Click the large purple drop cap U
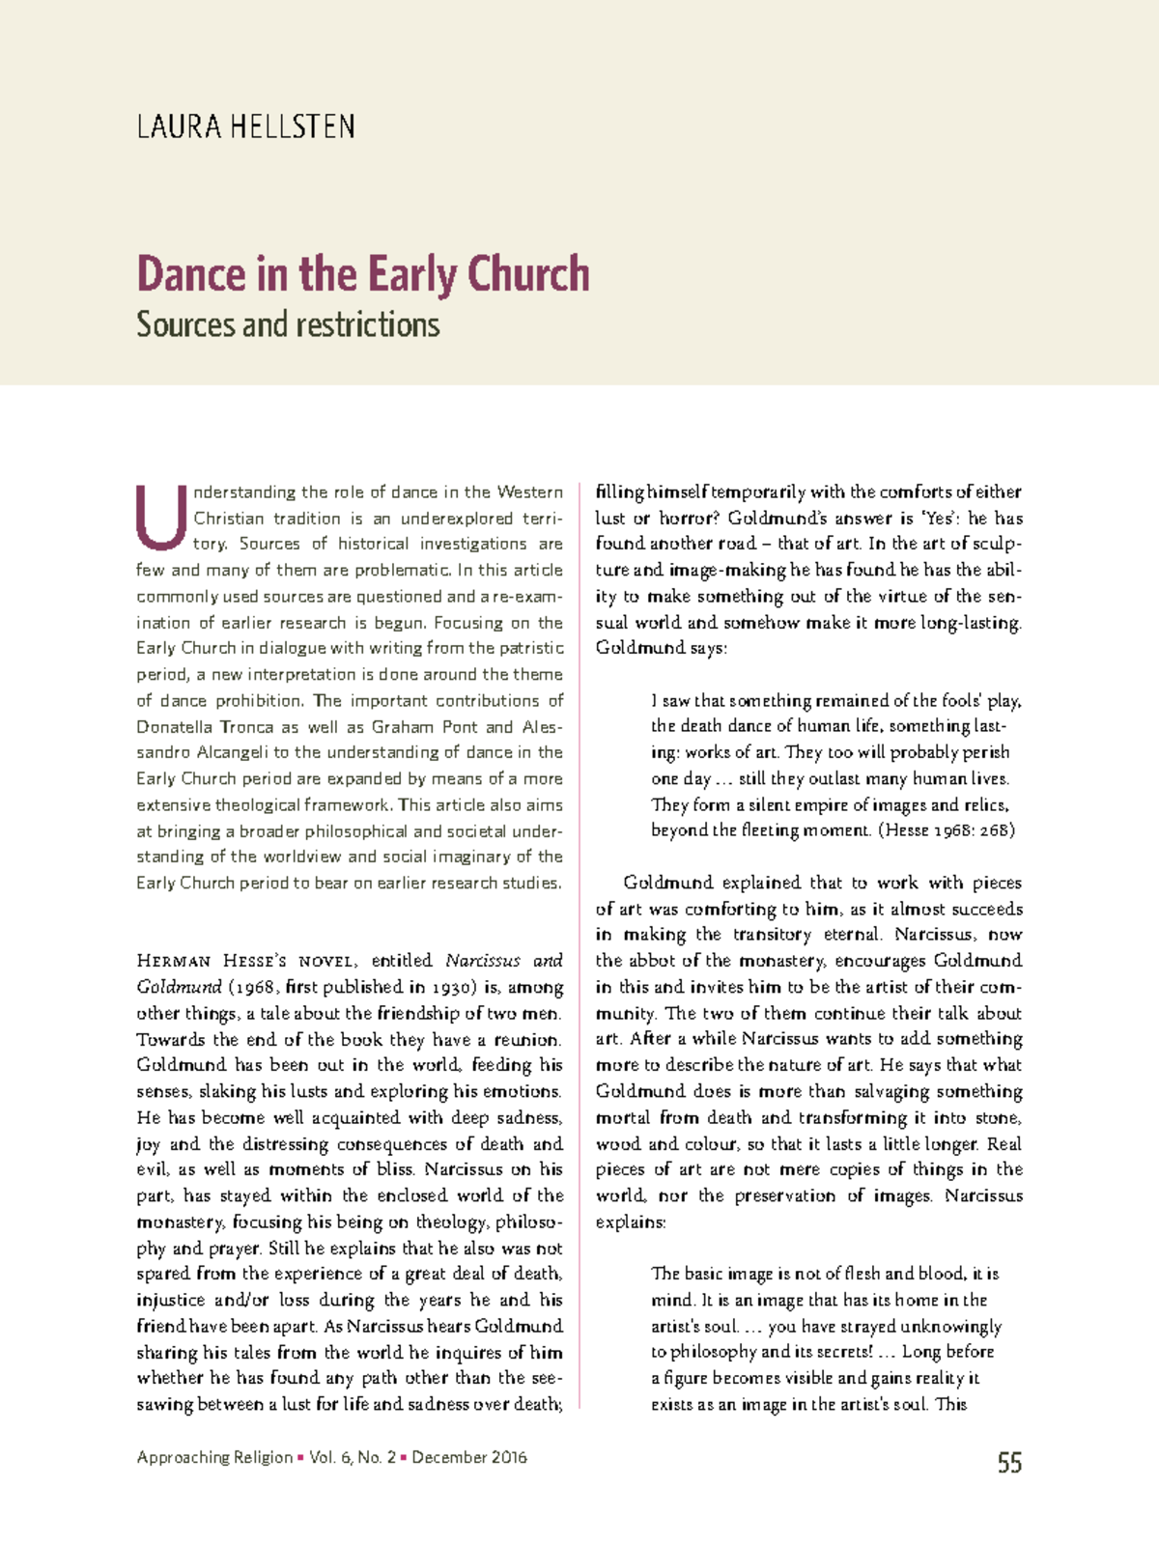coord(160,517)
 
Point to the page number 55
coord(1009,1463)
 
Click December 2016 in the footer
coord(469,1457)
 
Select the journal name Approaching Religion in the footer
coord(214,1457)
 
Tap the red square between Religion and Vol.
coord(301,1457)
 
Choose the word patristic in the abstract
coord(530,648)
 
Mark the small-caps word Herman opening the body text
coord(174,961)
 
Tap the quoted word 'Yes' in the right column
coord(939,518)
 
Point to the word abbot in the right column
coord(653,961)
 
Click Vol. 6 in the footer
coord(331,1457)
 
